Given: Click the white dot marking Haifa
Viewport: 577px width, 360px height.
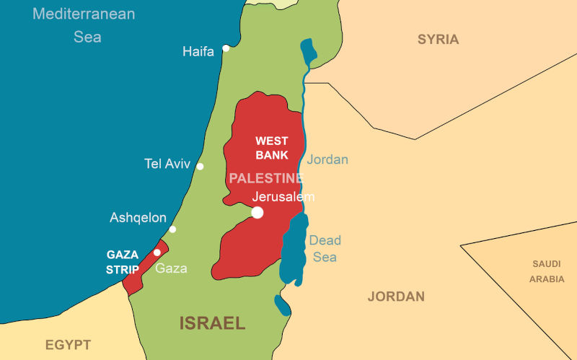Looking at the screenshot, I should (x=226, y=48).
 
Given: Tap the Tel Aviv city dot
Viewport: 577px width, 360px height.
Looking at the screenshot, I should (x=200, y=167).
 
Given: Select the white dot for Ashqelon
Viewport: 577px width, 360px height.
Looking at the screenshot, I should (x=172, y=229).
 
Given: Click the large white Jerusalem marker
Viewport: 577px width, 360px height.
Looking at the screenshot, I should (x=257, y=212).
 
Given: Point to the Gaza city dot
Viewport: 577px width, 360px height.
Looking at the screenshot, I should (x=157, y=253).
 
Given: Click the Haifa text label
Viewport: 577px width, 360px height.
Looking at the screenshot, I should (x=198, y=51).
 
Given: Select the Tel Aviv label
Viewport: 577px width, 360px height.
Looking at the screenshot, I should (x=167, y=164).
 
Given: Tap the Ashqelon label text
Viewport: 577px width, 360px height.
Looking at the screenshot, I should (x=138, y=217).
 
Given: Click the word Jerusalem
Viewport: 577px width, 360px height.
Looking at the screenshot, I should (x=283, y=196).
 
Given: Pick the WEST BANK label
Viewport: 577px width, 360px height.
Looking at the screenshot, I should (x=271, y=148).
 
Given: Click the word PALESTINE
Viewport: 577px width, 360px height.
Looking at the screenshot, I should (x=266, y=178).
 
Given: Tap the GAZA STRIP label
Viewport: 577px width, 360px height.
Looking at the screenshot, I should (x=123, y=262).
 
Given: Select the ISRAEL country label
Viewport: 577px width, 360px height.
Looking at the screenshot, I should (x=213, y=322).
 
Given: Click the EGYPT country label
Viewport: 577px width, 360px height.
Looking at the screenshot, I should (x=68, y=344).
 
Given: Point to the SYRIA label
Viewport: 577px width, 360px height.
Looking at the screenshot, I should (x=438, y=40).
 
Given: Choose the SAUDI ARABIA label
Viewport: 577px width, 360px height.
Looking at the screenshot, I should (x=547, y=271).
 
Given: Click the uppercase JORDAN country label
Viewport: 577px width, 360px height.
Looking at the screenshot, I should (x=396, y=297).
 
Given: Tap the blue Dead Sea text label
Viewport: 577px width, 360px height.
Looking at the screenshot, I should (x=325, y=248).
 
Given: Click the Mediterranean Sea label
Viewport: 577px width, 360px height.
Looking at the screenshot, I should (x=84, y=25).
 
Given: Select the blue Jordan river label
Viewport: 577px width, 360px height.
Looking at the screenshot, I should (x=327, y=159).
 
